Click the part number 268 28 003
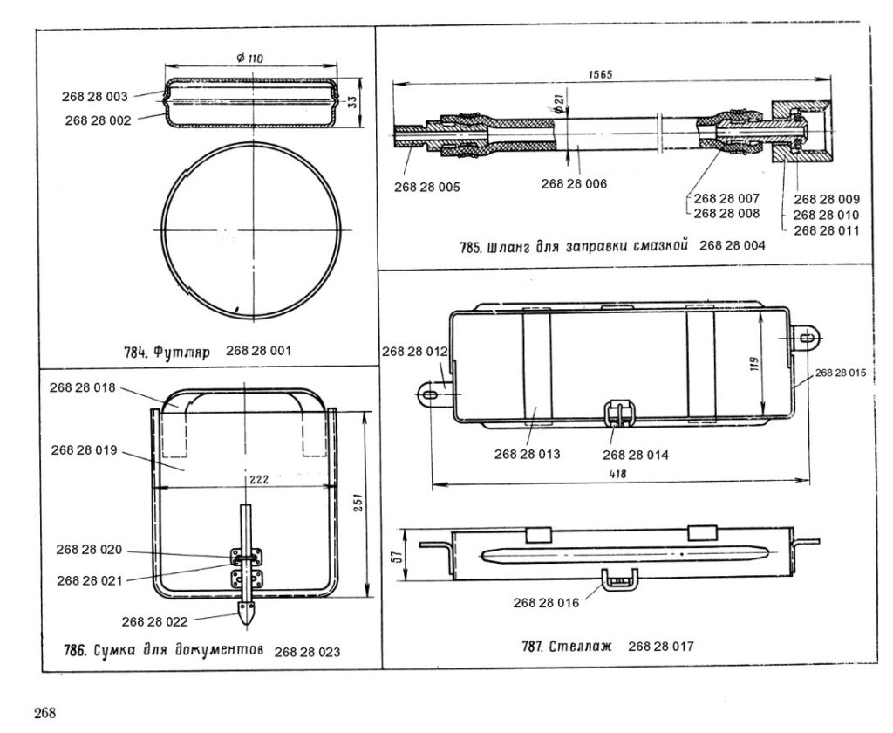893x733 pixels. pyautogui.click(x=95, y=97)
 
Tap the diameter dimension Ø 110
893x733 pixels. pyautogui.click(x=249, y=58)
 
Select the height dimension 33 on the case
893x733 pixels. pyautogui.click(x=352, y=102)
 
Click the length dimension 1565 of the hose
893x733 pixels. pyautogui.click(x=600, y=75)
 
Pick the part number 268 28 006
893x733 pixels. pyautogui.click(x=574, y=183)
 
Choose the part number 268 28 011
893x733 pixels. pyautogui.click(x=827, y=231)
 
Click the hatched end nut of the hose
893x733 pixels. pyautogui.click(x=801, y=133)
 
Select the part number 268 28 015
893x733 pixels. pyautogui.click(x=841, y=373)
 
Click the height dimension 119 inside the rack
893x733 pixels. pyautogui.click(x=754, y=366)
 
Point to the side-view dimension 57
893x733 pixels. pyautogui.click(x=399, y=555)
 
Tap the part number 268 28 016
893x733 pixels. pyautogui.click(x=546, y=603)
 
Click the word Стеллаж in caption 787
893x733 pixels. pyautogui.click(x=580, y=647)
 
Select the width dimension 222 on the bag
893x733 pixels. pyautogui.click(x=259, y=480)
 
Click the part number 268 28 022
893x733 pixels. pyautogui.click(x=155, y=622)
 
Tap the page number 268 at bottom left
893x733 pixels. pyautogui.click(x=45, y=713)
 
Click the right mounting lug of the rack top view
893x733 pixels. pyautogui.click(x=808, y=338)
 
